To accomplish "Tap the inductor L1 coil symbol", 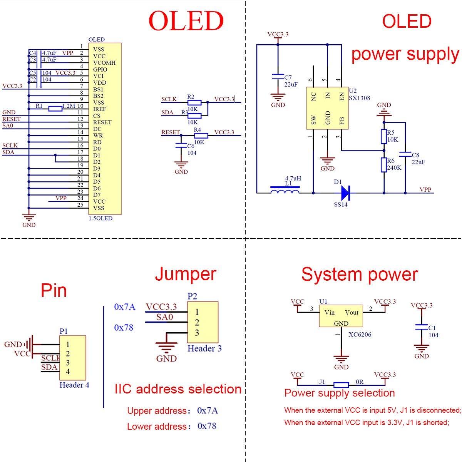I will [285, 191].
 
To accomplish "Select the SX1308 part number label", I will [360, 98].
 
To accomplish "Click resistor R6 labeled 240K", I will [384, 165].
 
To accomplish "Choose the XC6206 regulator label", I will [360, 335].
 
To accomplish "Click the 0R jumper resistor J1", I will [341, 385].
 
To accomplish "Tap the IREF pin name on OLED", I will [99, 109].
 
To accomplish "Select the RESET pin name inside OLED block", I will [102, 122].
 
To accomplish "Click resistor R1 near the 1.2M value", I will [55, 109].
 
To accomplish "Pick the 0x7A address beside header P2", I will [125, 307].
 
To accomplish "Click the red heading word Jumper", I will [186, 274].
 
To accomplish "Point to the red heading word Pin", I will [54, 290].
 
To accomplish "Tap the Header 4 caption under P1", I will [74, 385].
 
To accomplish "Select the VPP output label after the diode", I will [425, 190].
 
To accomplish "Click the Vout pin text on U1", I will [352, 313].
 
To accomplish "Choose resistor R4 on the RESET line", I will [201, 136].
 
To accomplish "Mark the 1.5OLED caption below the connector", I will [100, 218].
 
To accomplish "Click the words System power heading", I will [359, 275].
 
